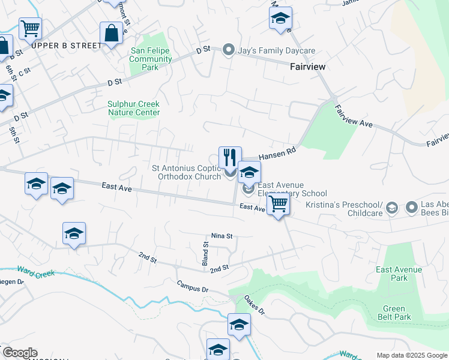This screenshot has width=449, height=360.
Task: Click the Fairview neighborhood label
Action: pos(308,67)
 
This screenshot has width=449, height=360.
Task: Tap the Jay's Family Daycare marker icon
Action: pos(228,51)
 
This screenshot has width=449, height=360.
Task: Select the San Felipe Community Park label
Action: pos(151,59)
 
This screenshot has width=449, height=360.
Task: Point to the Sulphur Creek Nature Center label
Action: pos(134,108)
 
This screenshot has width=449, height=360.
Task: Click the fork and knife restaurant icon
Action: pos(230,158)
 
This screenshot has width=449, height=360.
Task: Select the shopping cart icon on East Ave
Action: pos(278,204)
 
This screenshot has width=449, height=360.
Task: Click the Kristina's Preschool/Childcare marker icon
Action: pos(391,208)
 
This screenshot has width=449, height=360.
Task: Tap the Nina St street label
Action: pos(221,236)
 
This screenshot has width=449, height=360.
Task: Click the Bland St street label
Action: pos(205,253)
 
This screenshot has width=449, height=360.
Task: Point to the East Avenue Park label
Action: pos(399,274)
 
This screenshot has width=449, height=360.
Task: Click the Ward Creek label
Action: pos(37,275)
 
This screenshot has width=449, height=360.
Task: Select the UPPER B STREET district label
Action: pos(67,46)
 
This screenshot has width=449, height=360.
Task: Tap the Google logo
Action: pos(20,353)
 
